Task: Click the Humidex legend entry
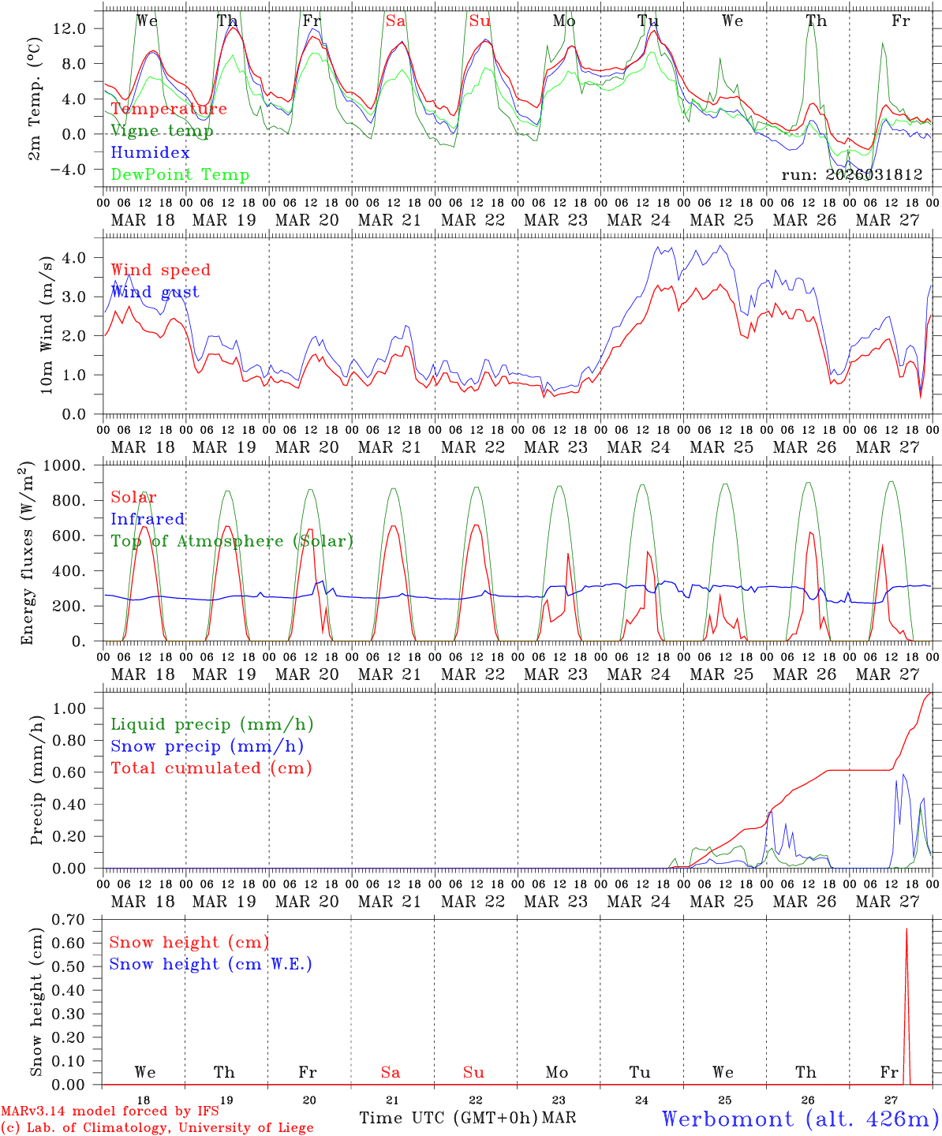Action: tap(150, 153)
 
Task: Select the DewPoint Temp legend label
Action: tap(180, 175)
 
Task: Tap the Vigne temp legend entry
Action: tap(162, 131)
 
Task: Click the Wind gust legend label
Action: tap(155, 292)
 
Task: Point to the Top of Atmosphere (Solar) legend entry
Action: tap(232, 541)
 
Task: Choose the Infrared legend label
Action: tap(148, 519)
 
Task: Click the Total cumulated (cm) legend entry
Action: tap(211, 768)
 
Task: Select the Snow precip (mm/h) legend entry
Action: tap(207, 746)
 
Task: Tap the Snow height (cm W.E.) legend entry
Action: tap(211, 964)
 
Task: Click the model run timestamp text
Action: tap(852, 175)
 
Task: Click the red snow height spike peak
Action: tap(906, 929)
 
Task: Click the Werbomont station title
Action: tap(799, 1119)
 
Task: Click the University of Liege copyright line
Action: tap(158, 1128)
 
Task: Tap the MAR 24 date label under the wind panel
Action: tap(639, 447)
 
